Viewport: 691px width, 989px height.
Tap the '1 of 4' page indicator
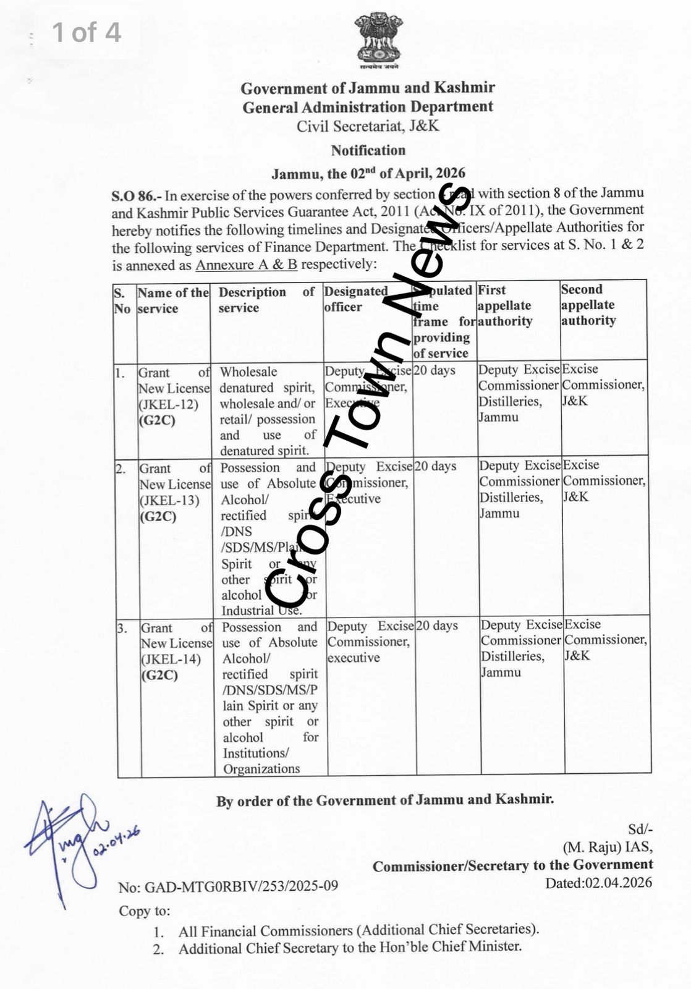tap(87, 33)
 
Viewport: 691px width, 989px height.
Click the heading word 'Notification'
tap(368, 150)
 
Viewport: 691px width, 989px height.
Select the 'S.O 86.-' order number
tap(136, 197)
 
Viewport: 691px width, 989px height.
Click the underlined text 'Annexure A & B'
tap(246, 265)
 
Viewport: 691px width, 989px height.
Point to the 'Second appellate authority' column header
tap(588, 305)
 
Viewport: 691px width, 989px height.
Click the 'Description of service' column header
tap(266, 300)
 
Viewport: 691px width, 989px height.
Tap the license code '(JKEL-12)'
tap(168, 405)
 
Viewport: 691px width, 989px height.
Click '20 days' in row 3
tap(437, 626)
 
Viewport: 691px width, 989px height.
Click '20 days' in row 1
tap(435, 371)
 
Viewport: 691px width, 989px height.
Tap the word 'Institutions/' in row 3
tap(255, 753)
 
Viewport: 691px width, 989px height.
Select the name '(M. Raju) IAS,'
tap(607, 847)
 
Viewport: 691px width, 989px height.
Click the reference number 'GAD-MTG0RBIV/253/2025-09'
tap(241, 887)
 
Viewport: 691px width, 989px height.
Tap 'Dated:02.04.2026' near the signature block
tap(598, 883)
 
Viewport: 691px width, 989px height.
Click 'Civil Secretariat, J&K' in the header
tap(368, 127)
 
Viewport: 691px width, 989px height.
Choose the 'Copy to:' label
tap(144, 911)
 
